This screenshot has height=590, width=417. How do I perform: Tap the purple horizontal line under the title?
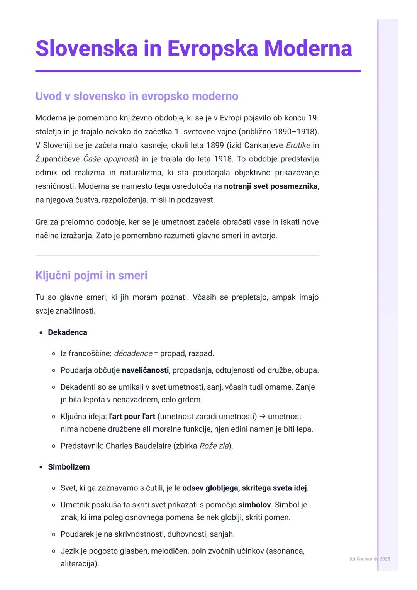(198, 71)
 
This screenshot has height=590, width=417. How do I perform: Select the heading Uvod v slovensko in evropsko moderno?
(137, 96)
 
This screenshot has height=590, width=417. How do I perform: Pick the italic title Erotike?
(298, 145)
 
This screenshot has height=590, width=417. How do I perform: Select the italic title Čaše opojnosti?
(110, 159)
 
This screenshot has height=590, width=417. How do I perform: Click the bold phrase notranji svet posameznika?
(270, 186)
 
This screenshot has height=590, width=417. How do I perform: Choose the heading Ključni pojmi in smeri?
(91, 275)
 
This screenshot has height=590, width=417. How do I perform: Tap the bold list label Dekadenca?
(68, 332)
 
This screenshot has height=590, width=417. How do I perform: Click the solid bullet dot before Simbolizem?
(41, 467)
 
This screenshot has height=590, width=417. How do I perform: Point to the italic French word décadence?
(133, 354)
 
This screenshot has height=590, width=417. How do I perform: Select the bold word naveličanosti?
(145, 370)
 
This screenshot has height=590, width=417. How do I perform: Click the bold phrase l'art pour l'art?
(132, 417)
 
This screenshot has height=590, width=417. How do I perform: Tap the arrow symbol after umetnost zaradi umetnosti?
(263, 417)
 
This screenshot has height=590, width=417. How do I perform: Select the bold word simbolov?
(254, 505)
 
